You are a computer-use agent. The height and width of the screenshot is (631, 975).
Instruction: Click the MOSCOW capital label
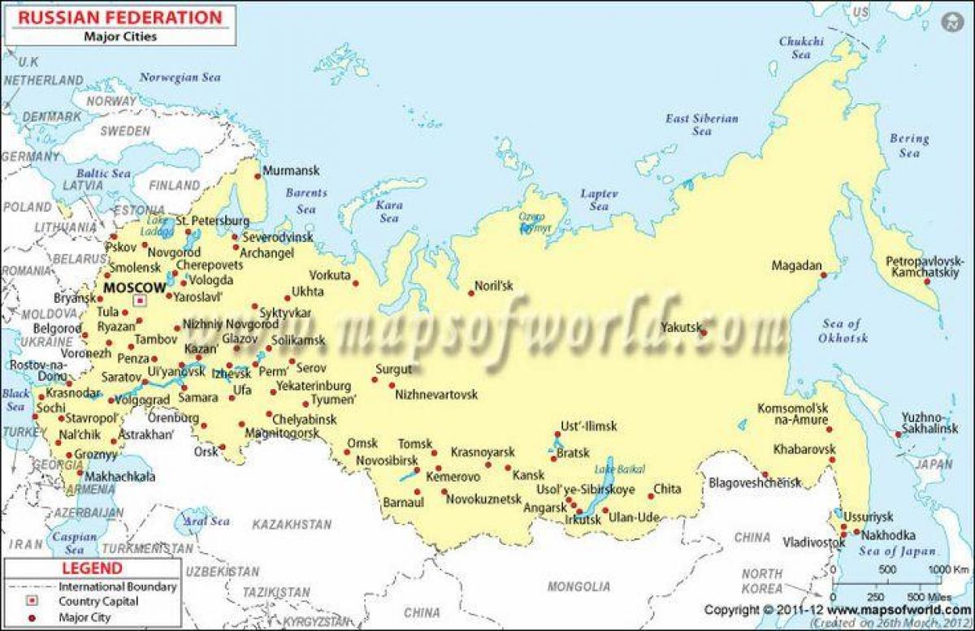tap(135, 287)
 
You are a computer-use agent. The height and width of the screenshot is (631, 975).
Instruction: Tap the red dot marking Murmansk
tap(258, 175)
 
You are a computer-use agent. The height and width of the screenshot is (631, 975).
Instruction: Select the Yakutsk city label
tap(680, 328)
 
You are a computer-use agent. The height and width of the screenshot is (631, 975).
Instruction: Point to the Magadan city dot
tap(822, 276)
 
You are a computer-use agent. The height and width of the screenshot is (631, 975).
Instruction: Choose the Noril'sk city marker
tap(470, 293)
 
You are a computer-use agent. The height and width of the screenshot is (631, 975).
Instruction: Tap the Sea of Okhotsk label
tap(843, 331)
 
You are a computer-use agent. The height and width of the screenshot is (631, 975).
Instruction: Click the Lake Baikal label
tap(619, 469)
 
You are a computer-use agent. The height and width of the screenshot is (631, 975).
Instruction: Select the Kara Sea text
tap(389, 212)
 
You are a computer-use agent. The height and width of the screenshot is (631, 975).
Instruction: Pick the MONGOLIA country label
tap(578, 586)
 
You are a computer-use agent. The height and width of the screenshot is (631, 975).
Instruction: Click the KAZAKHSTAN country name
tap(291, 525)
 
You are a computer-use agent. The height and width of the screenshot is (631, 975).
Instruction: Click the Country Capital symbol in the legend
tap(32, 602)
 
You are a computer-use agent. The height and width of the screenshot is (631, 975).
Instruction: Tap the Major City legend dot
tap(32, 618)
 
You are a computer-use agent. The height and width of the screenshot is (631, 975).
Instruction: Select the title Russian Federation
tap(115, 17)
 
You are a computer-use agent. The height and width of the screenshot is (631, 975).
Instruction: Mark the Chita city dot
tap(651, 496)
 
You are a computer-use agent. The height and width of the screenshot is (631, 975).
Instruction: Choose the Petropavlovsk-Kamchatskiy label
tap(925, 267)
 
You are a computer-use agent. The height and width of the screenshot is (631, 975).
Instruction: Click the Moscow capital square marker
tap(139, 300)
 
